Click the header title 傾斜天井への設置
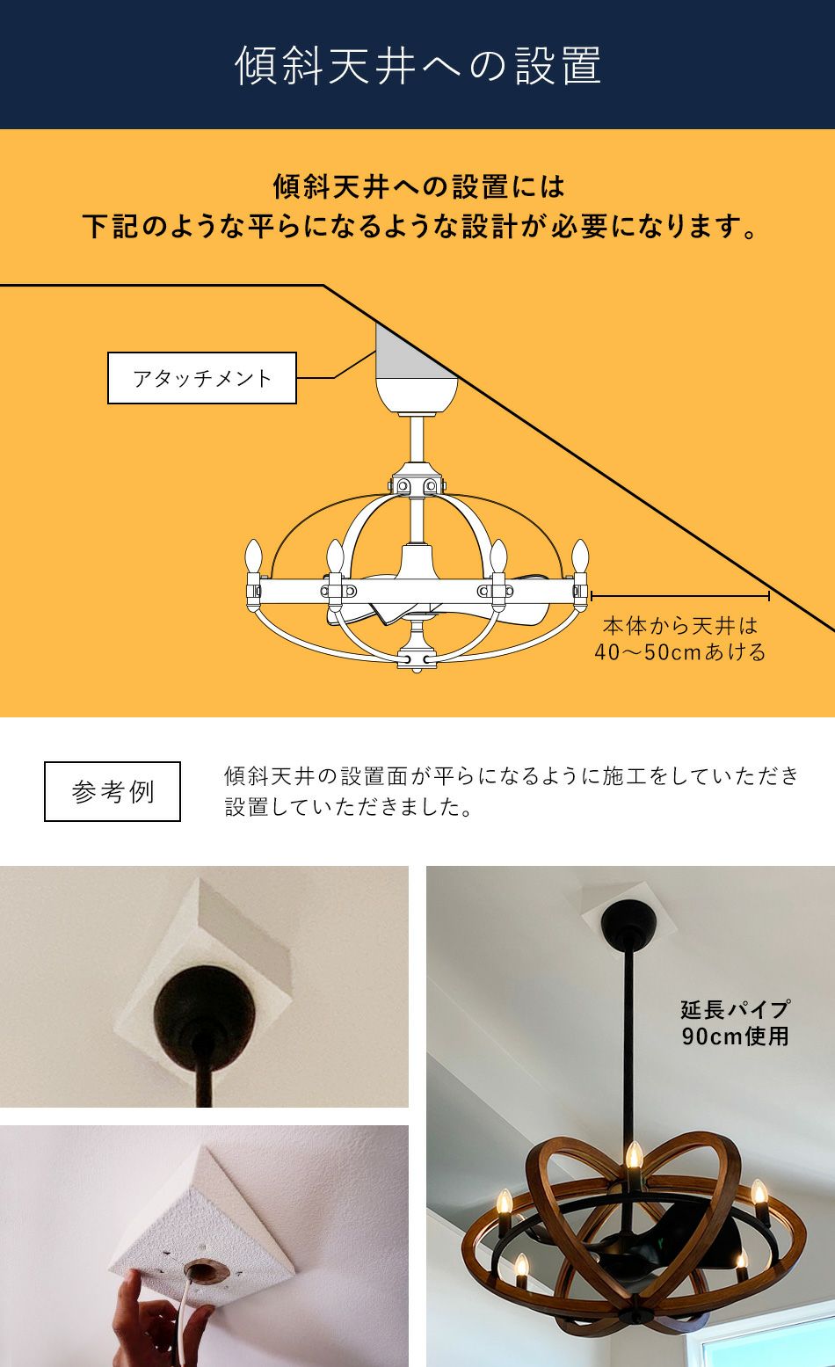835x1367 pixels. click(417, 66)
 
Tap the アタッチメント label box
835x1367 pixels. click(201, 378)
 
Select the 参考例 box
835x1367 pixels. click(113, 791)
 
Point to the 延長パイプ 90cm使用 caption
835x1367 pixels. click(735, 1022)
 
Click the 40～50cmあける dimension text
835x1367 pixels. click(679, 652)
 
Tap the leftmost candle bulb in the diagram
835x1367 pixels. click(255, 556)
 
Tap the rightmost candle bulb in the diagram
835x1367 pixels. click(579, 556)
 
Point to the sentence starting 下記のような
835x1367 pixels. click(419, 227)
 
